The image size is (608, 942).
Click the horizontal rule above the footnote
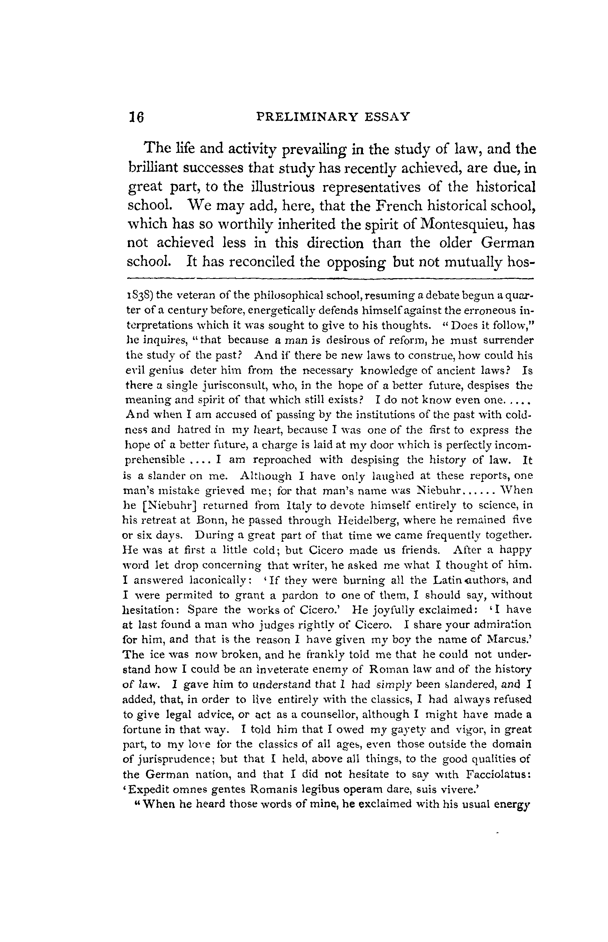330,278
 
